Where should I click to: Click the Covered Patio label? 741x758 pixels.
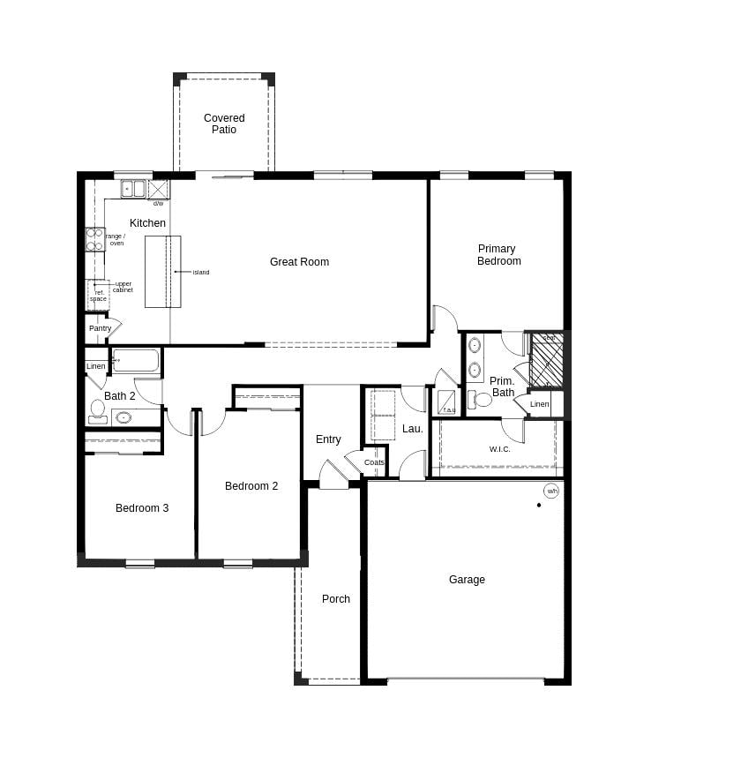tap(224, 124)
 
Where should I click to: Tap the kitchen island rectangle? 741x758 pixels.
tap(163, 272)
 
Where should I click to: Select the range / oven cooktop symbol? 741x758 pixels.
tap(94, 239)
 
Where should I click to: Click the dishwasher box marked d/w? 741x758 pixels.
tap(158, 190)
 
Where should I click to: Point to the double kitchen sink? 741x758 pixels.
tap(133, 189)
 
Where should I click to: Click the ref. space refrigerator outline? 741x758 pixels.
tap(98, 295)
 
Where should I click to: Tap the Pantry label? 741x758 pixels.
tap(100, 328)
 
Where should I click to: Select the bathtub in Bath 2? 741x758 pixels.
tap(137, 361)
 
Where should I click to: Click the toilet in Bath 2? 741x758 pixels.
tap(97, 409)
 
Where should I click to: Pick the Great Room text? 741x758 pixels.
tap(299, 262)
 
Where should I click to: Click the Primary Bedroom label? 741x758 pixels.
tap(498, 255)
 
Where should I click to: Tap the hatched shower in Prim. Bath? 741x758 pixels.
tap(547, 360)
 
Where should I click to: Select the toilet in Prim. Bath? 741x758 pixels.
tap(482, 400)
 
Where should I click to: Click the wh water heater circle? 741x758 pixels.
tap(551, 492)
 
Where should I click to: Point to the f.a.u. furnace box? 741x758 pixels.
tap(447, 402)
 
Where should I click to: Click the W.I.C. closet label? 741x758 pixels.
tap(500, 449)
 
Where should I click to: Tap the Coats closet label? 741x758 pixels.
tap(374, 462)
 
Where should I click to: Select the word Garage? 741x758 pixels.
tap(467, 580)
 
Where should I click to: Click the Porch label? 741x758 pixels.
tap(335, 599)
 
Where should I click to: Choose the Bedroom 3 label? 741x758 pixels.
tap(142, 508)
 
